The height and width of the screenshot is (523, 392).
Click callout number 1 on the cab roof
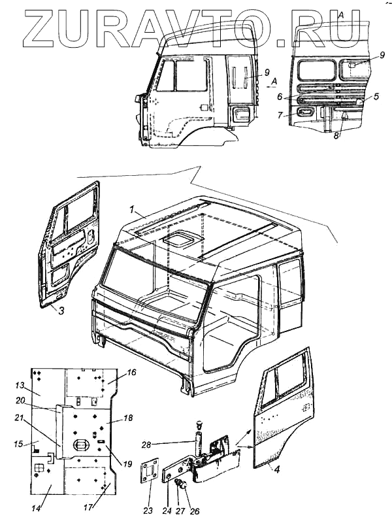(x=132, y=211)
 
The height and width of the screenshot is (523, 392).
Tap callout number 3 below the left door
(x=60, y=312)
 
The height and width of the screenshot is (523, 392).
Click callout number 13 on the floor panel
(x=20, y=384)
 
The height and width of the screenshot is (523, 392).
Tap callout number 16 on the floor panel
(x=131, y=372)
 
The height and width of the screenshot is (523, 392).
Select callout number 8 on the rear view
(x=335, y=136)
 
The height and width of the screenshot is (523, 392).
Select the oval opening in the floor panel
(x=81, y=446)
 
